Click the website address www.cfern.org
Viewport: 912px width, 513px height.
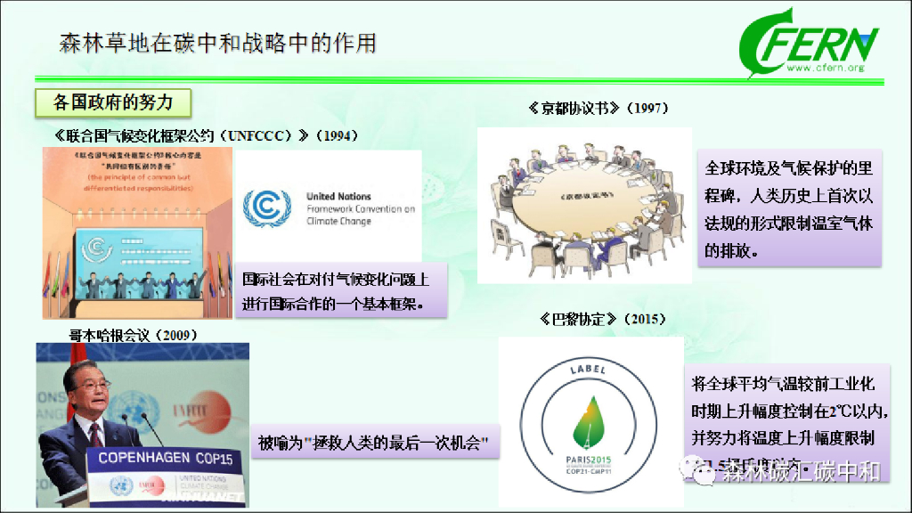click(826, 68)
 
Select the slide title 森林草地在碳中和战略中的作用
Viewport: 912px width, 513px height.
click(218, 43)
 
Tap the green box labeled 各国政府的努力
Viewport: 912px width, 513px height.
click(113, 102)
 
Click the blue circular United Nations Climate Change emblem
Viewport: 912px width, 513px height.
click(267, 208)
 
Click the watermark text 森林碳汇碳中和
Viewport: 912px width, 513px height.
click(800, 471)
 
